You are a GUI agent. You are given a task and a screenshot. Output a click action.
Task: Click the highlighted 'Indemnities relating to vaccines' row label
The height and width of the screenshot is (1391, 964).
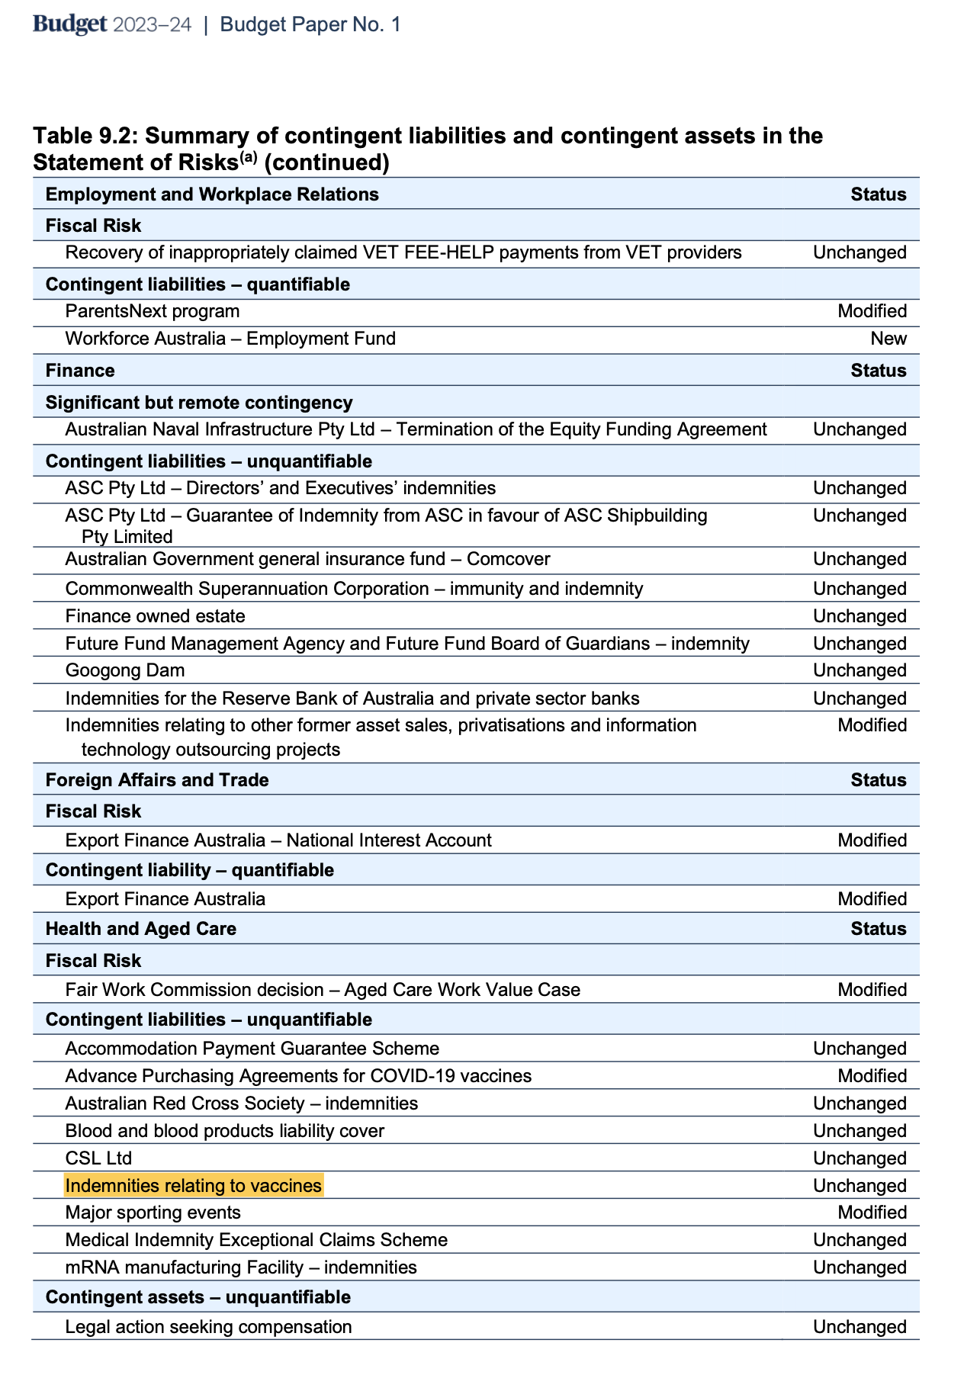click(194, 1185)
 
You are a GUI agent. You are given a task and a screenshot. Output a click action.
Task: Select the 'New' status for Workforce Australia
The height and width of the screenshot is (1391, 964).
click(888, 339)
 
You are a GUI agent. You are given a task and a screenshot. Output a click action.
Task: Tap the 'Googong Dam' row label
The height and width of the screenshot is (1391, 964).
click(125, 670)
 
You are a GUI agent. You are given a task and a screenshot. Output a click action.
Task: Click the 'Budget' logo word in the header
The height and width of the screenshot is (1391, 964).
click(69, 24)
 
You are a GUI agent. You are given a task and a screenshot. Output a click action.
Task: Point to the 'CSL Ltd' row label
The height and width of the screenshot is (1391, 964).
click(98, 1158)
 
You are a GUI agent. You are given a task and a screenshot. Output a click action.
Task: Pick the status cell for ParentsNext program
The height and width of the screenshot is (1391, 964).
click(872, 311)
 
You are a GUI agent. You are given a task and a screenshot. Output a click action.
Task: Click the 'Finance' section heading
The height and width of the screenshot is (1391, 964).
click(80, 371)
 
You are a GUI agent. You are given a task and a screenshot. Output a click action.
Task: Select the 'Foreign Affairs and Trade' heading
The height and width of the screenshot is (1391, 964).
click(157, 780)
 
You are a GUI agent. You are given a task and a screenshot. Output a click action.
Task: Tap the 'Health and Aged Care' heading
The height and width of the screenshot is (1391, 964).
click(141, 929)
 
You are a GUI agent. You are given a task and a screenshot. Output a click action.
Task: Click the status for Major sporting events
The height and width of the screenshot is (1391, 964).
click(872, 1213)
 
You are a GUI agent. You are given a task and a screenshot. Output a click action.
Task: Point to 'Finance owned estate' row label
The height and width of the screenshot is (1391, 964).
click(156, 615)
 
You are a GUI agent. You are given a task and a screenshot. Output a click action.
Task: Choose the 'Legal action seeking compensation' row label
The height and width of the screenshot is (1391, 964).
click(209, 1327)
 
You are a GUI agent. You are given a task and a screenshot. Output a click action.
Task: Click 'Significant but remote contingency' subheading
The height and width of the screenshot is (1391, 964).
click(199, 403)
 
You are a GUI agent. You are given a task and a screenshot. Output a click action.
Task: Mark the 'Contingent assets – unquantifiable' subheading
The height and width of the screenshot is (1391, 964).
click(198, 1297)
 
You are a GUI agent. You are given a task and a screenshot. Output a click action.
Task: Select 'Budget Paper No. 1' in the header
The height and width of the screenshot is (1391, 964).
click(310, 24)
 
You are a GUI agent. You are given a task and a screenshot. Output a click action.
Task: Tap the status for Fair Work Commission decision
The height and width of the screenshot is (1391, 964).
click(872, 990)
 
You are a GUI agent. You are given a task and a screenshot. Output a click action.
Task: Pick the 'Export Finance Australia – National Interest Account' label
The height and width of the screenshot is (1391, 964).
click(278, 840)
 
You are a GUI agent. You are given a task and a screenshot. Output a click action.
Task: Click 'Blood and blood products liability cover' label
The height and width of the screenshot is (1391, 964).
click(225, 1130)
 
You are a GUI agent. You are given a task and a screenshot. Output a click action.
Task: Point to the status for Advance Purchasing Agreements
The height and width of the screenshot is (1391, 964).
click(872, 1076)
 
